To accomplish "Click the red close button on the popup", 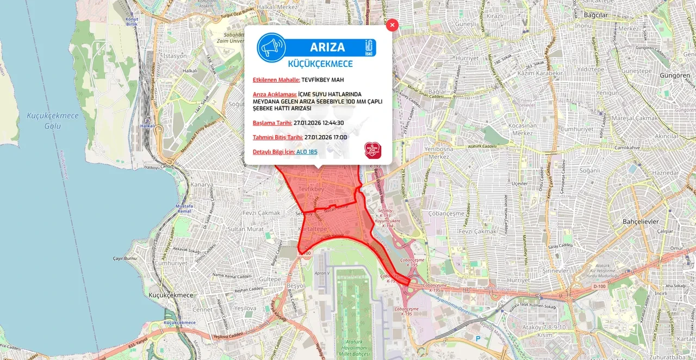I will [x=392, y=25].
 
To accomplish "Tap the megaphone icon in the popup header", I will [x=271, y=48].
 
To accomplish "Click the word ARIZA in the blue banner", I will [x=327, y=47].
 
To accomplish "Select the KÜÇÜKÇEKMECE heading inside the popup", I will [x=320, y=64].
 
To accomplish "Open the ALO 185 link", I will [x=307, y=152].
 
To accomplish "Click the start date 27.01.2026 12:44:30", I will [x=319, y=123].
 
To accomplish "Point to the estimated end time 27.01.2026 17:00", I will [x=326, y=138].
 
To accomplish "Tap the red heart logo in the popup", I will [x=372, y=151].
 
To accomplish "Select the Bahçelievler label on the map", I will [x=641, y=222].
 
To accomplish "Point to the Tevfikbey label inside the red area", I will [x=311, y=189].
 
